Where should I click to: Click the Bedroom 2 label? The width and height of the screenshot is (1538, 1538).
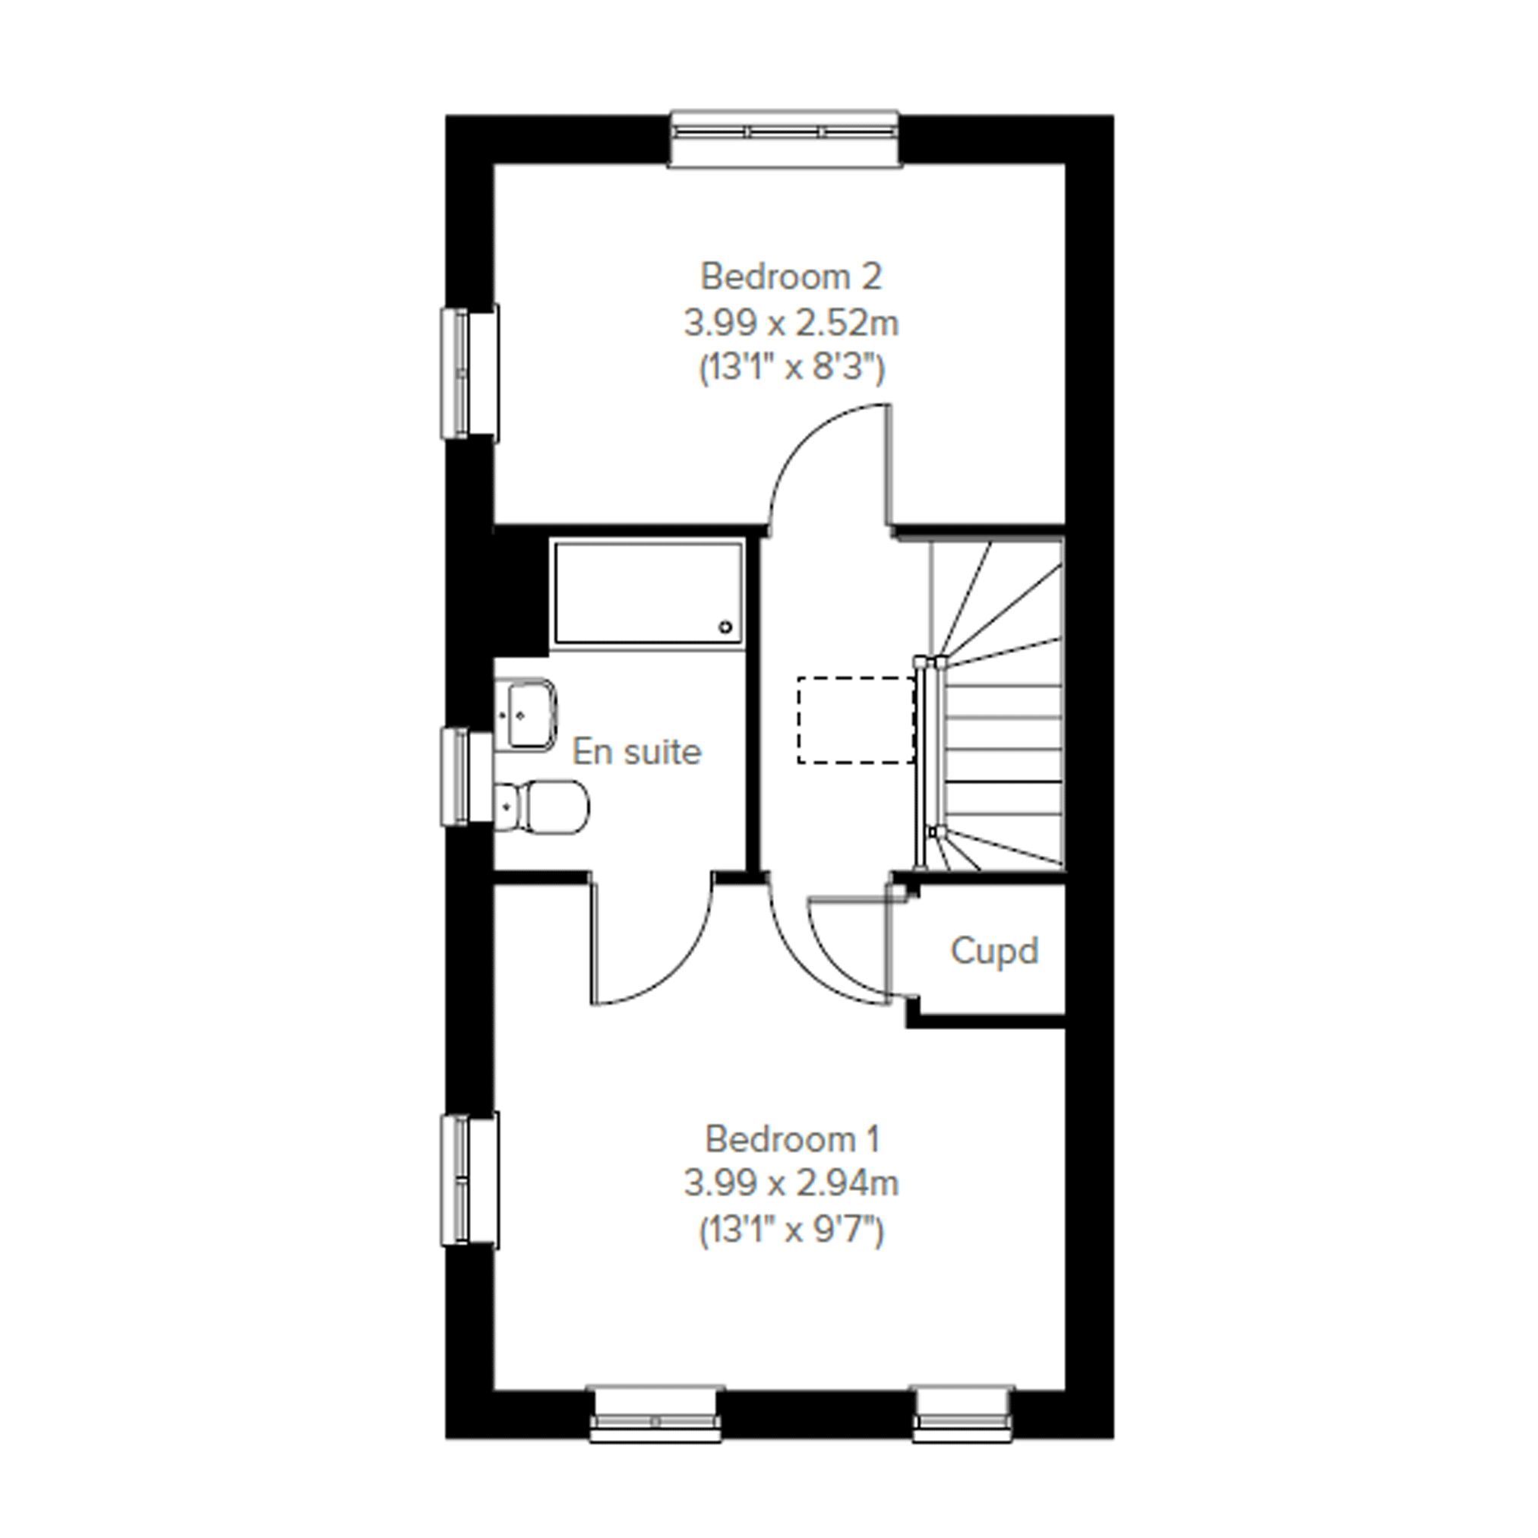pos(791,277)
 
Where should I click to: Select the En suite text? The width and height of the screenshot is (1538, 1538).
pos(637,751)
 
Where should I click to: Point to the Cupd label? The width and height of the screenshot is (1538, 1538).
pos(994,950)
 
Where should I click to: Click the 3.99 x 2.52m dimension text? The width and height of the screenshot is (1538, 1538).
pos(791,324)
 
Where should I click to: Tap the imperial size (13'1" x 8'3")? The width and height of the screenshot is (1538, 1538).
pos(792,368)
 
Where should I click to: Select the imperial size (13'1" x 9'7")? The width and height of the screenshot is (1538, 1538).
pos(792,1230)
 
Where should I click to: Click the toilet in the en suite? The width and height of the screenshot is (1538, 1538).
pos(542,808)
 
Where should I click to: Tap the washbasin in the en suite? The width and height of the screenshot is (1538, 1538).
pos(526,713)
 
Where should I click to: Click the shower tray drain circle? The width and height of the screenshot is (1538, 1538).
pos(725,627)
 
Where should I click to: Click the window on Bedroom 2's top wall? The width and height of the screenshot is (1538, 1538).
pos(785,139)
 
